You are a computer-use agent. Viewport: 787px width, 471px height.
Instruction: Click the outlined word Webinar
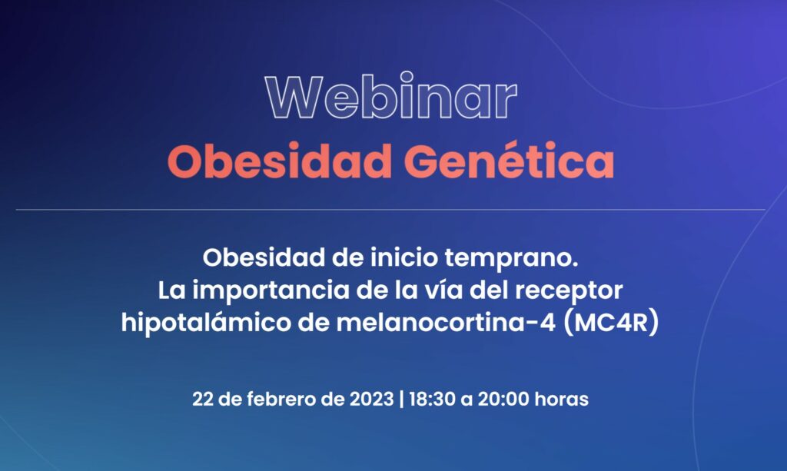pyautogui.click(x=391, y=96)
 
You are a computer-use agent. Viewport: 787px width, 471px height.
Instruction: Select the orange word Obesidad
pyautogui.click(x=280, y=161)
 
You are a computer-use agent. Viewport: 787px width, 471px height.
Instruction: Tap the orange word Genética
pyautogui.click(x=510, y=161)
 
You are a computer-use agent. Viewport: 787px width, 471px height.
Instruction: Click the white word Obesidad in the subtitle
pyautogui.click(x=264, y=258)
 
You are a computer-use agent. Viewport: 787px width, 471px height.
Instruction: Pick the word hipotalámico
pyautogui.click(x=206, y=323)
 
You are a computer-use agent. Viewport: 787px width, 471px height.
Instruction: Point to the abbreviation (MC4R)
pyautogui.click(x=611, y=323)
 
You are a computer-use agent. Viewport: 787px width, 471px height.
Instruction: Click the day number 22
pyautogui.click(x=203, y=400)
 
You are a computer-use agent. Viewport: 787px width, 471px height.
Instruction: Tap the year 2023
pyautogui.click(x=371, y=400)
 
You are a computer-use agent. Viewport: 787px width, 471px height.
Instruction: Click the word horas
pyautogui.click(x=562, y=400)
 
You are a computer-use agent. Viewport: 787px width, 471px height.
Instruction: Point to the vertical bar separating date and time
pyautogui.click(x=401, y=400)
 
